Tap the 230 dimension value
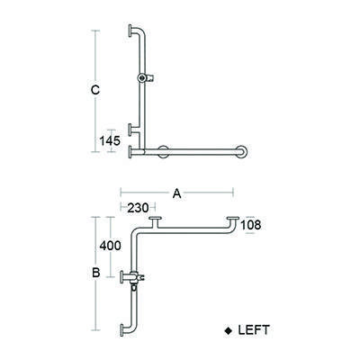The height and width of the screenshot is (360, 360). click(x=138, y=207)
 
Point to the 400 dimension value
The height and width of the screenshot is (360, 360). click(x=110, y=245)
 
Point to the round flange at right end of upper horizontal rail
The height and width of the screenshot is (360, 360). click(x=245, y=153)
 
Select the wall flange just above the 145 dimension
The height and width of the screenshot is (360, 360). click(x=130, y=127)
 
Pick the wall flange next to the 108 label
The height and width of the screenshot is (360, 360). click(x=234, y=220)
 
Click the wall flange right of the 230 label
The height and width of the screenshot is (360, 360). click(x=157, y=221)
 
